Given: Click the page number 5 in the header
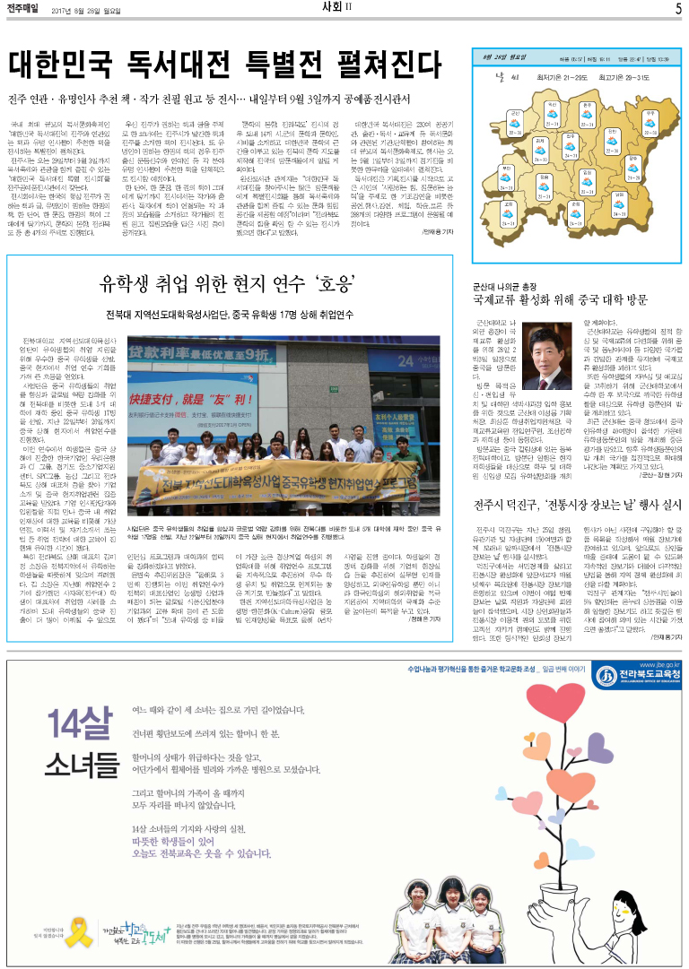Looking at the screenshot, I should (678, 9).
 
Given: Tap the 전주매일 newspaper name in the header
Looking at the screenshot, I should (27, 9).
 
